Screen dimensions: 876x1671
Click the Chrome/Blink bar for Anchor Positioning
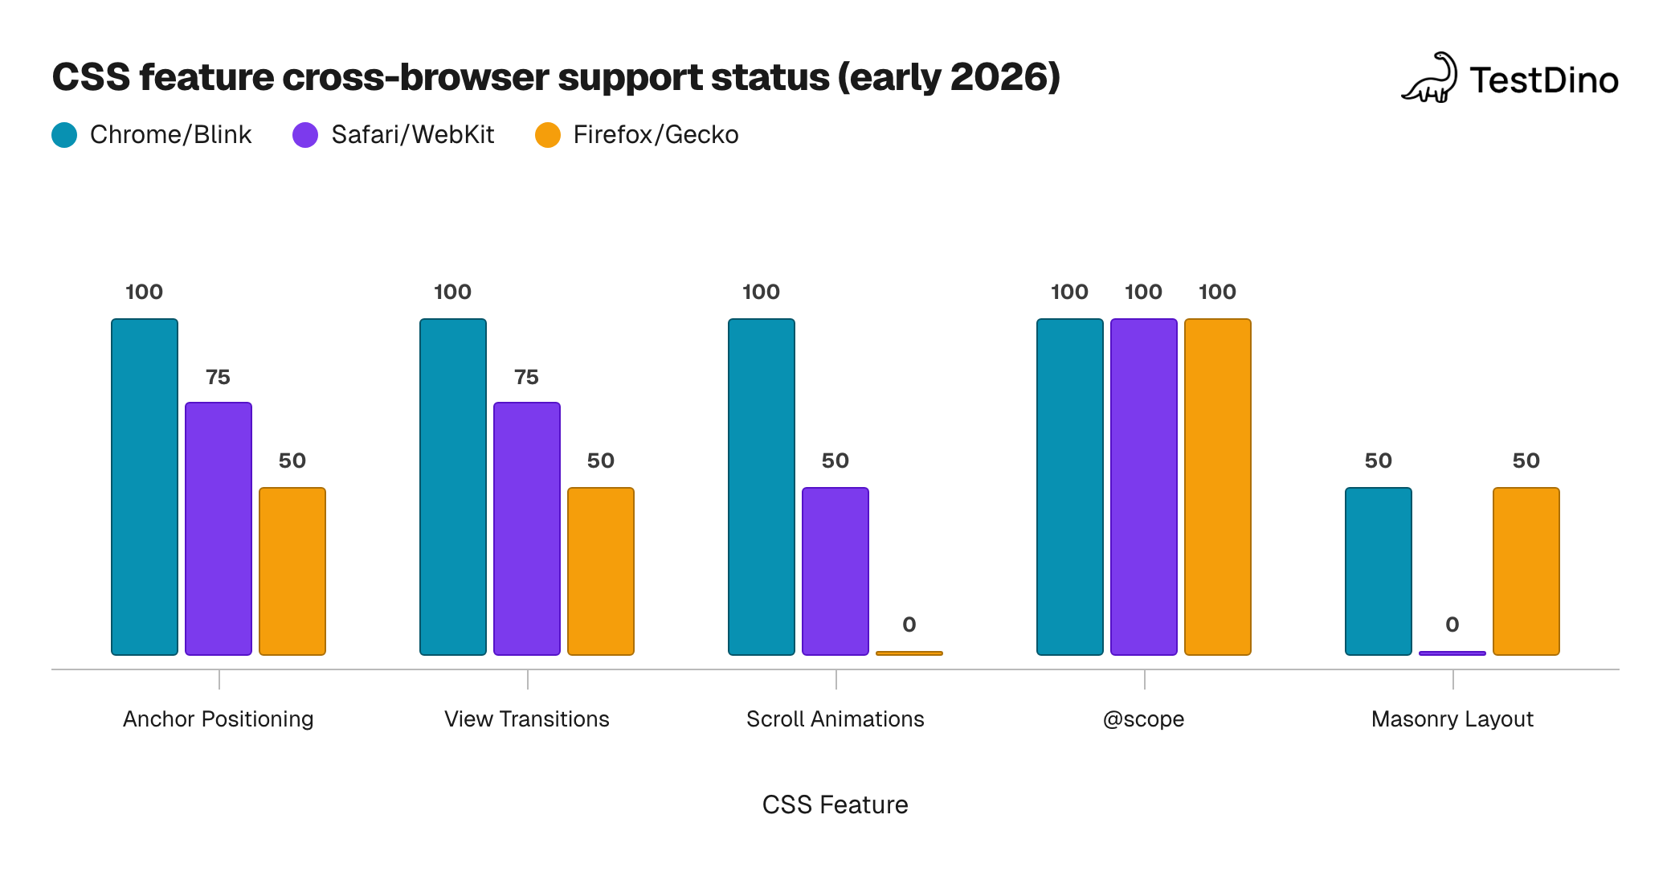point(145,487)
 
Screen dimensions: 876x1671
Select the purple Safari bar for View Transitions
point(527,529)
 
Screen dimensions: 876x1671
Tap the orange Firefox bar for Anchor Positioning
point(292,571)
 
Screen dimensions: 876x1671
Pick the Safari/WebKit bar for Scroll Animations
point(835,571)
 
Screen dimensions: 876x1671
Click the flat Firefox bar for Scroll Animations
point(909,653)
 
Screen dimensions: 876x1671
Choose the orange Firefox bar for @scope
point(1218,487)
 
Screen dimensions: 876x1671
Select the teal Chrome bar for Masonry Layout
point(1379,571)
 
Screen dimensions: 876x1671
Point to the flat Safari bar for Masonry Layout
point(1452,653)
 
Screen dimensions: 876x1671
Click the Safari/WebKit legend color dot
point(305,135)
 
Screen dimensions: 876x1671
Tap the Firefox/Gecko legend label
point(656,135)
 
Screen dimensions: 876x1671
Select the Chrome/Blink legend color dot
point(64,135)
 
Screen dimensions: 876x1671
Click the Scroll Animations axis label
point(835,718)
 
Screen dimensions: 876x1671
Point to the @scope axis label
point(1144,718)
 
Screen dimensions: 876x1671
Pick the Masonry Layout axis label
point(1452,718)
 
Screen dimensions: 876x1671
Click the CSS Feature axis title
point(835,804)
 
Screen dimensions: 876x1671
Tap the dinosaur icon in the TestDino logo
point(1431,79)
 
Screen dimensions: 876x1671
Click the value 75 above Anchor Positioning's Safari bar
point(218,377)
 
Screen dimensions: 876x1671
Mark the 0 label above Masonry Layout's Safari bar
point(1452,624)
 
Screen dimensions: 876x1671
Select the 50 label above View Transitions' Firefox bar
point(601,461)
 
